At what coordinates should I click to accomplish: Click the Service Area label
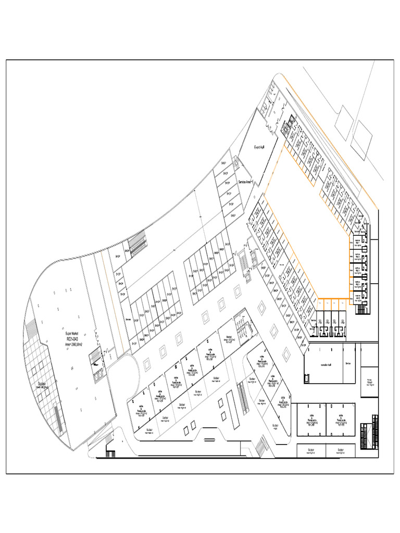tap(245, 182)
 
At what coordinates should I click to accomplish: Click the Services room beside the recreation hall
tap(348, 364)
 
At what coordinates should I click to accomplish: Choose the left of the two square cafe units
tap(311, 420)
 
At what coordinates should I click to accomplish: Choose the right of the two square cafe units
tap(341, 420)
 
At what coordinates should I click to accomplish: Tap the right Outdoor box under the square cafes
tap(341, 451)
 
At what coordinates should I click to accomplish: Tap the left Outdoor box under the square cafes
tap(311, 451)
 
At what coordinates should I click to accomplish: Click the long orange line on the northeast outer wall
tap(328, 141)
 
